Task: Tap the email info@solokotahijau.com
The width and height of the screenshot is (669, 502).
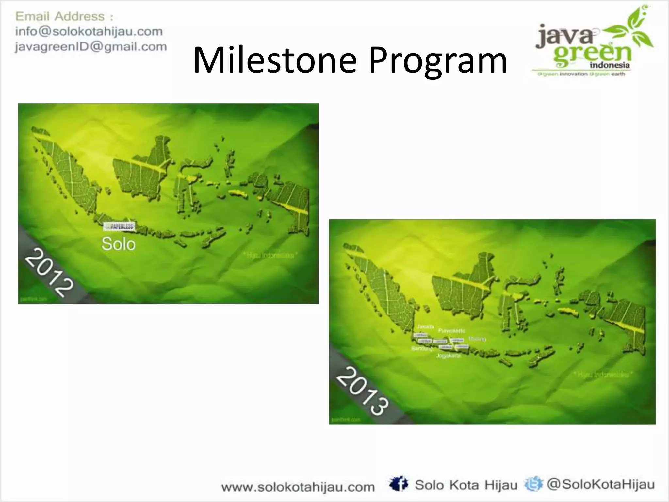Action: [x=89, y=31]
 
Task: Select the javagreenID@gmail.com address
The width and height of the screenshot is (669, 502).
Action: [x=91, y=46]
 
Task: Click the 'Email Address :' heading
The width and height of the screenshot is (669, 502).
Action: [x=64, y=16]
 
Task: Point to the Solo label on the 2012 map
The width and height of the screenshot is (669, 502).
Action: [x=118, y=244]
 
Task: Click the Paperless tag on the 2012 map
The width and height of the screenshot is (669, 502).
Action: [x=119, y=226]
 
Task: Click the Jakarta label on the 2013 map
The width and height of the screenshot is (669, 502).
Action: [x=426, y=326]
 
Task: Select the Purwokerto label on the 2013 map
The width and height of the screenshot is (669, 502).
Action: [x=451, y=331]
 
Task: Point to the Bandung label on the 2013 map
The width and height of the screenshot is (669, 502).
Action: [x=422, y=349]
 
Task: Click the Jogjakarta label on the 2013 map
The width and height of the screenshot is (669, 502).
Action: [x=449, y=355]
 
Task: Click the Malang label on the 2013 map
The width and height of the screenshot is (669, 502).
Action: [x=477, y=339]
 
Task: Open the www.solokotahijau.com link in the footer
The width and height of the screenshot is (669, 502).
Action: [x=298, y=487]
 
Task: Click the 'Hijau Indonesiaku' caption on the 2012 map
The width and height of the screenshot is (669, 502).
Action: [x=271, y=255]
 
